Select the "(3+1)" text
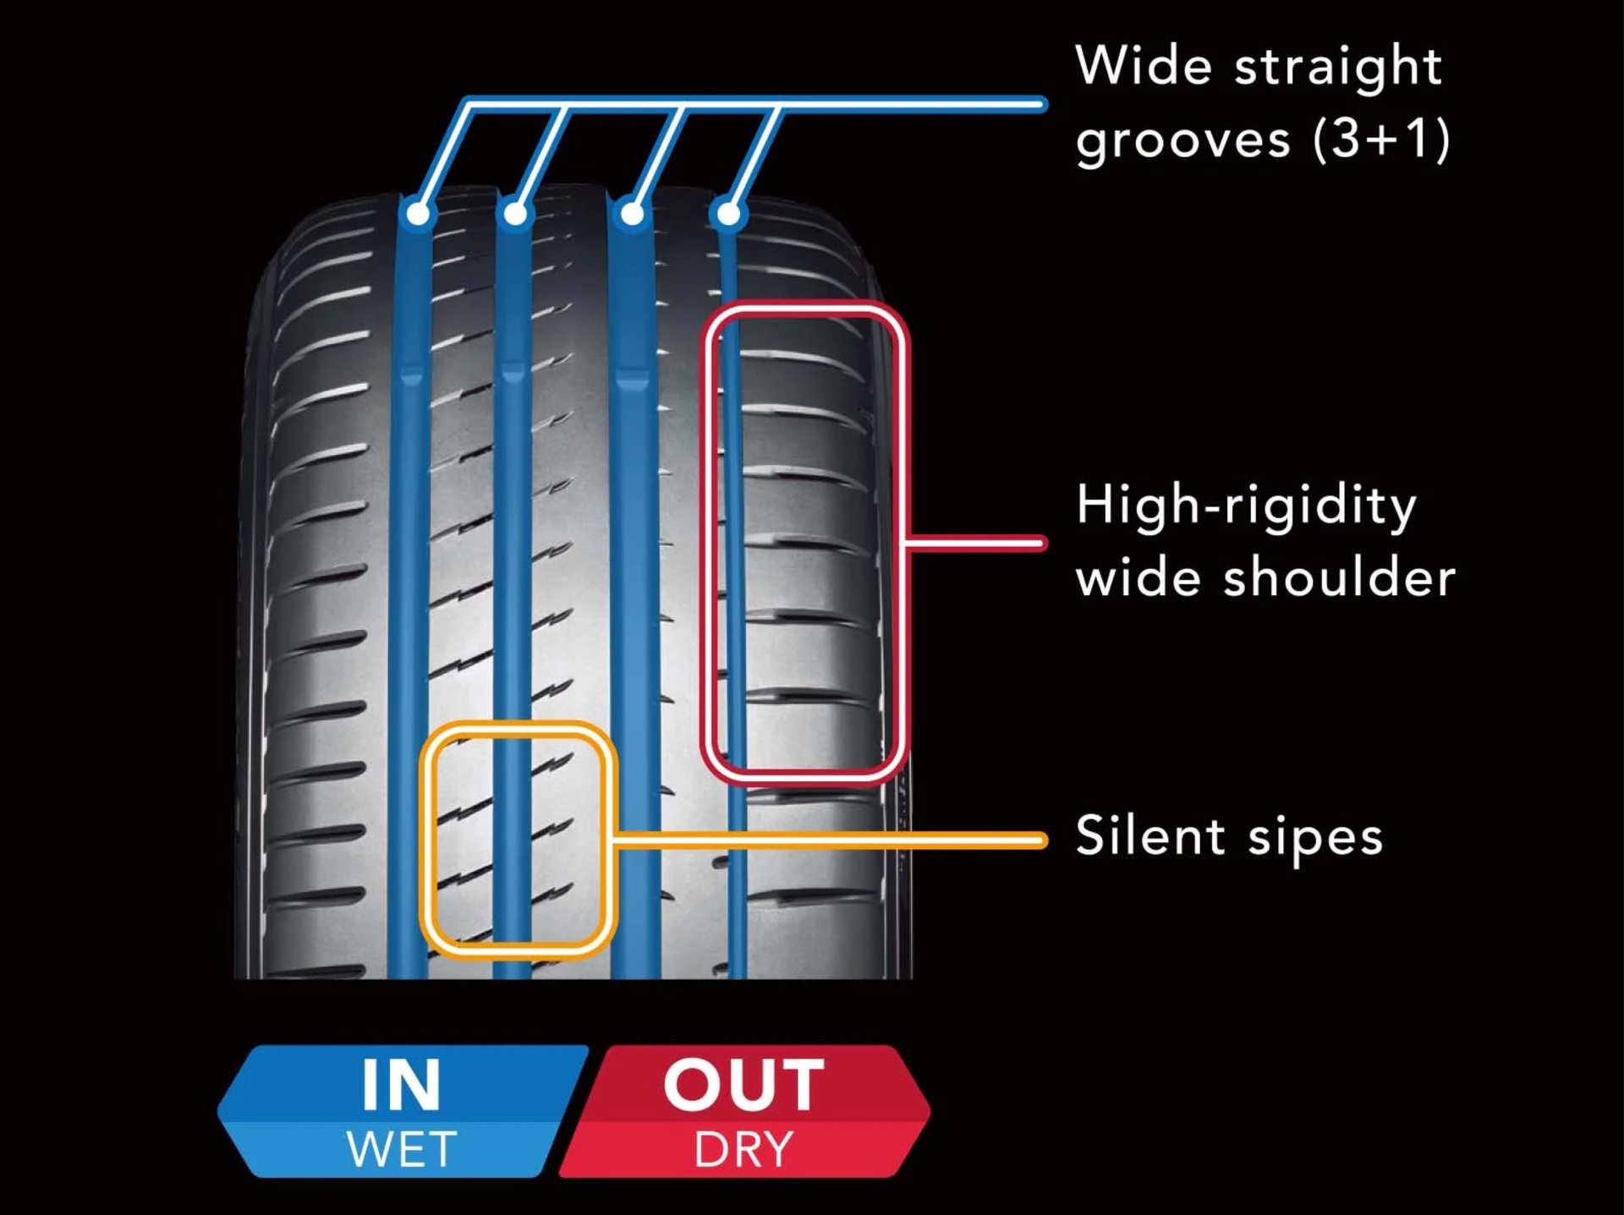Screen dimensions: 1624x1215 [x=1382, y=139]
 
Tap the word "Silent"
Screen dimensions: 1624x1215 [x=1150, y=835]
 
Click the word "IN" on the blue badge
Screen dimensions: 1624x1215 [x=401, y=1085]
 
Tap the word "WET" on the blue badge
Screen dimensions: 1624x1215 [x=402, y=1149]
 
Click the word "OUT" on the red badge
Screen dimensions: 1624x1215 [x=743, y=1085]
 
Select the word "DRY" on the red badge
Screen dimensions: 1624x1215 [x=743, y=1150]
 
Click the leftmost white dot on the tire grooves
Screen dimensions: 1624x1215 [x=418, y=213]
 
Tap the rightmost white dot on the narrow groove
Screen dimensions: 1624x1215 [x=727, y=213]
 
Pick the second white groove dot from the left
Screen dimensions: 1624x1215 [x=514, y=213]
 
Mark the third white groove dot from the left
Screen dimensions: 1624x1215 [x=631, y=213]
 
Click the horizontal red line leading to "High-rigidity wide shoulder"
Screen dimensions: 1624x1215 [x=977, y=543]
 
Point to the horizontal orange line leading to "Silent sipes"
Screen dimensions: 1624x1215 [x=830, y=840]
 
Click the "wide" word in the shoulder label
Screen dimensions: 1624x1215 [x=1138, y=577]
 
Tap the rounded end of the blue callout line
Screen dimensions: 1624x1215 [x=1042, y=105]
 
